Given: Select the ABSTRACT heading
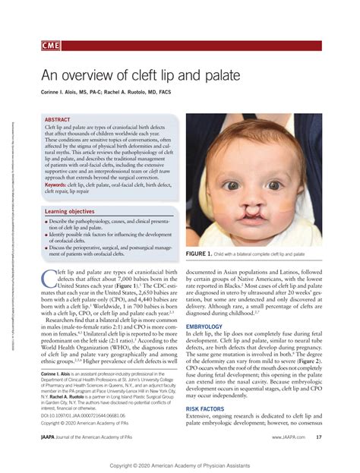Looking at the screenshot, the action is (x=58, y=121).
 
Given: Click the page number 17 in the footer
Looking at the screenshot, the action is (x=319, y=437).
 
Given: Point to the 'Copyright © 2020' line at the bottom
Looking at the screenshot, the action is (x=180, y=463).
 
